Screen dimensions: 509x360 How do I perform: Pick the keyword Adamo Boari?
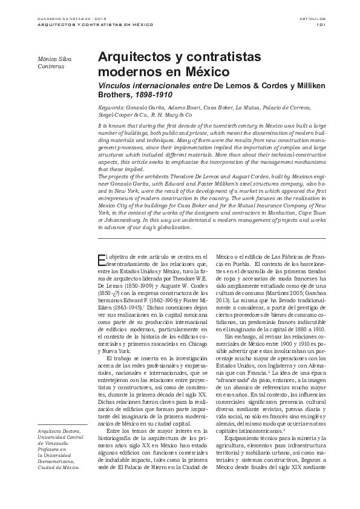click(x=166, y=106)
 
